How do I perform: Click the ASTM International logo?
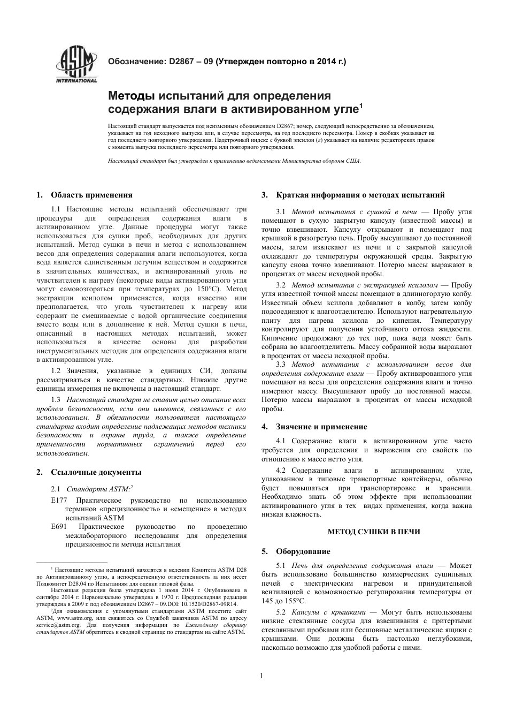click(76, 66)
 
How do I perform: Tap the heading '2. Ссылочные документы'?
click(89, 472)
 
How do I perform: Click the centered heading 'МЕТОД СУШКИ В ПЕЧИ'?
click(366, 532)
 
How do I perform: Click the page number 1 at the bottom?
click(261, 676)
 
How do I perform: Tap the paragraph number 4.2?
click(281, 471)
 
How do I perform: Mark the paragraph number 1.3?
click(56, 400)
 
